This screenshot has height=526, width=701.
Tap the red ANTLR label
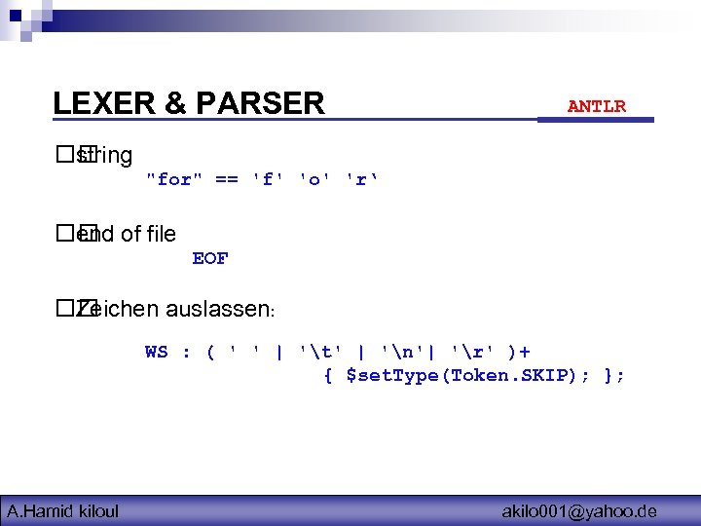coord(596,106)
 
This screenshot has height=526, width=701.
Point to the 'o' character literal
coord(314,179)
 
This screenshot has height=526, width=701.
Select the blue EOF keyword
coord(210,258)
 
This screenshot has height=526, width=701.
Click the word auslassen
coord(220,311)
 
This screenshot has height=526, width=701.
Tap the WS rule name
coord(156,352)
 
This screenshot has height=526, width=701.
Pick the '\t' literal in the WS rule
coord(318,352)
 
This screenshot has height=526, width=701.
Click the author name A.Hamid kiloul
coord(63,510)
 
